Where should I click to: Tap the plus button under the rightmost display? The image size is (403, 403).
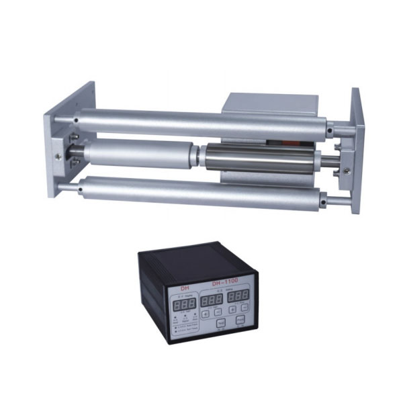tap(232, 310)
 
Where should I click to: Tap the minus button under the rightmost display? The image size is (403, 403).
tap(244, 308)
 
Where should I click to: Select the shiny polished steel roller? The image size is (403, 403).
tap(259, 159)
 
